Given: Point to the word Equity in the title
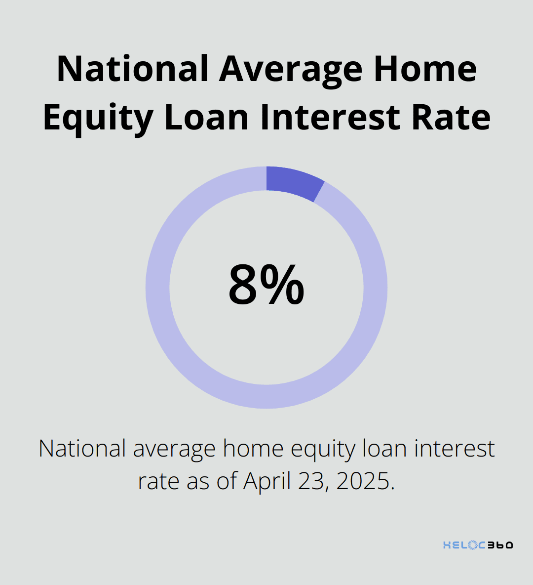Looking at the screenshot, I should tap(98, 118).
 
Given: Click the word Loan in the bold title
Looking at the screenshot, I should tap(206, 118).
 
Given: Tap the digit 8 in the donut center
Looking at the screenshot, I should tap(243, 286).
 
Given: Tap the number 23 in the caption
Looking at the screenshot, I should tap(313, 481).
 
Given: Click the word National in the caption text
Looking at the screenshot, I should tap(82, 449).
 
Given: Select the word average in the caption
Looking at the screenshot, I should tap(174, 449).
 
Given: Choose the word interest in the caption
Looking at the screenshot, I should tap(454, 449).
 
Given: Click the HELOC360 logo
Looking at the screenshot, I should tap(478, 545).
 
